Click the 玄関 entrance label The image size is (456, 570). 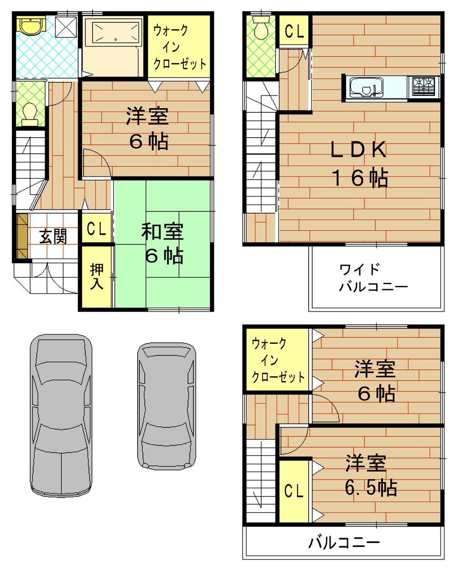tap(53, 236)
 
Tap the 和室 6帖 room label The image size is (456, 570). tap(163, 244)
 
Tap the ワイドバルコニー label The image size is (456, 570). tap(373, 278)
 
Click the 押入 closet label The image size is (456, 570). tap(97, 276)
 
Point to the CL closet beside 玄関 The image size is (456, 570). tap(96, 229)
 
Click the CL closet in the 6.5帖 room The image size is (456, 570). tap(294, 491)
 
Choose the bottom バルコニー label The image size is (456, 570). tap(344, 543)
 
